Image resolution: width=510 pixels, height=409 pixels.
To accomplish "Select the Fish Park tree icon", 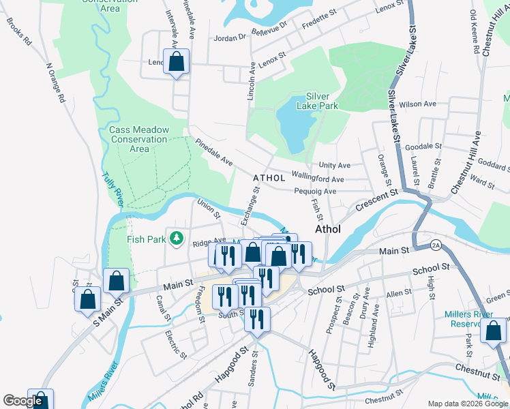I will click(177, 238).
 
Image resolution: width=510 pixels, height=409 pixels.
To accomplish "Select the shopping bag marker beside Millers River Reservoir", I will click(493, 331).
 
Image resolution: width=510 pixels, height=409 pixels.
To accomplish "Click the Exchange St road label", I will click(251, 205).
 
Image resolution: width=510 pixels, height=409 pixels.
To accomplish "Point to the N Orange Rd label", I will click(55, 84).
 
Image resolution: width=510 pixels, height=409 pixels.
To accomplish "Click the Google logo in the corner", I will click(23, 401).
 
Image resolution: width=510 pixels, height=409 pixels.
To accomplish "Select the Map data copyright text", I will click(467, 404).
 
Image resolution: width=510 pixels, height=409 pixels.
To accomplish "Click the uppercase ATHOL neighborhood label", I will click(268, 178).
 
